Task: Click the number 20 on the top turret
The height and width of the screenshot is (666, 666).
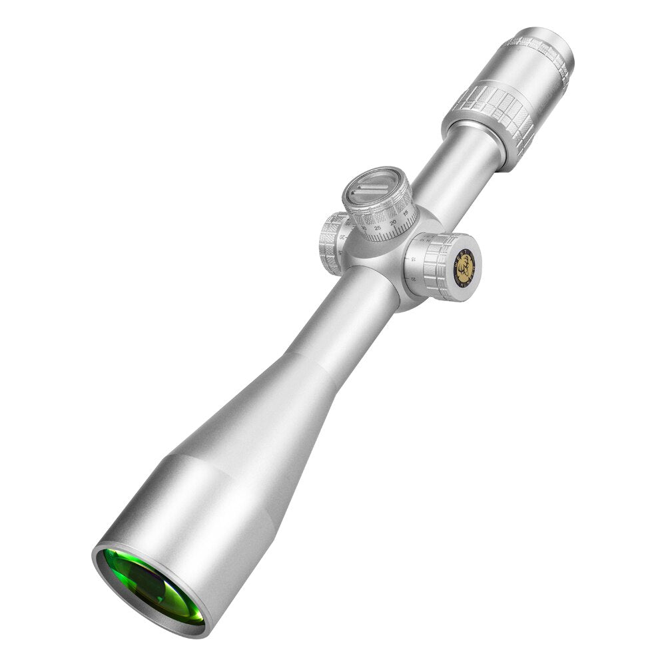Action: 393,222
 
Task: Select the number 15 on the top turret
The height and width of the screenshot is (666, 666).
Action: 406,213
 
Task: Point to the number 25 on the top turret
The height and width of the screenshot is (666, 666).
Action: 378,228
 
